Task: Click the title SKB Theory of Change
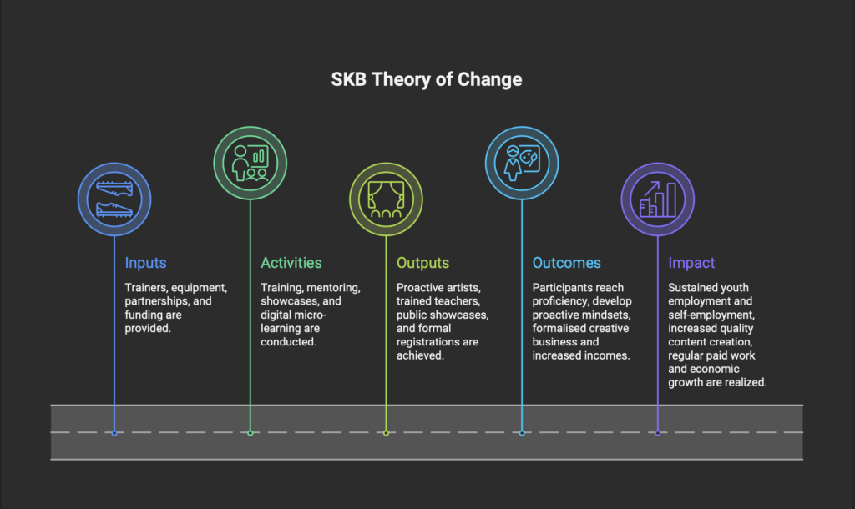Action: (x=427, y=79)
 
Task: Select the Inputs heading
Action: (x=145, y=263)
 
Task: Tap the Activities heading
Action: (x=291, y=263)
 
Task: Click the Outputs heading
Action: (x=422, y=263)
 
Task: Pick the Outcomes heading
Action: (x=567, y=263)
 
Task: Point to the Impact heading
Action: (x=691, y=263)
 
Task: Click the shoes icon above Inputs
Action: (x=114, y=199)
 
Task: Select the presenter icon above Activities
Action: (x=250, y=163)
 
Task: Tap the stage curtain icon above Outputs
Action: (x=386, y=199)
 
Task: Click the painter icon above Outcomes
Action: (x=522, y=163)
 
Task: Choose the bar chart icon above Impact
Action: (x=658, y=199)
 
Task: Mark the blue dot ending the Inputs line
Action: (x=114, y=433)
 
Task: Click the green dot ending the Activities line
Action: (x=250, y=433)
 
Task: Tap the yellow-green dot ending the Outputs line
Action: (x=386, y=433)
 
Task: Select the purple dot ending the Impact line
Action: (x=658, y=433)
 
